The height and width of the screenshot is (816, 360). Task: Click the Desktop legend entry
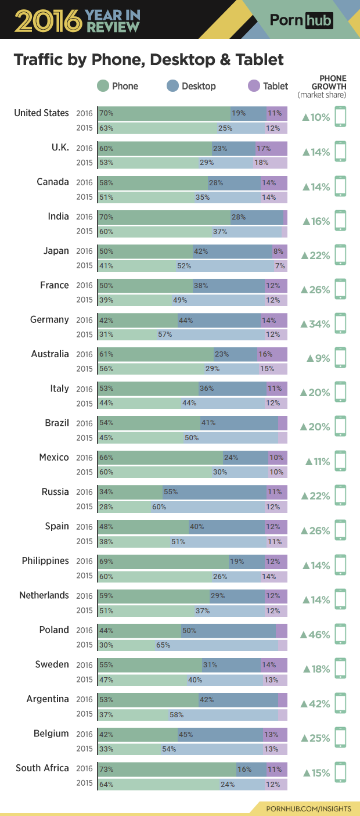(x=191, y=86)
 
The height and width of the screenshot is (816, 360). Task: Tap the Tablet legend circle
(x=254, y=86)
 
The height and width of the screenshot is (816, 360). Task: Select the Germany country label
(x=49, y=319)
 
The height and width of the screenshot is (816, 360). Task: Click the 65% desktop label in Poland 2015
(x=163, y=645)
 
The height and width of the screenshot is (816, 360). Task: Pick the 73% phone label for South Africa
(x=106, y=770)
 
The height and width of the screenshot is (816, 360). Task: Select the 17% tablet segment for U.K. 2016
(x=271, y=148)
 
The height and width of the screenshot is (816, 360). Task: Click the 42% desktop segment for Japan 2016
(x=232, y=251)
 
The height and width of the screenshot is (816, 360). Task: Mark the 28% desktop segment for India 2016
(x=257, y=217)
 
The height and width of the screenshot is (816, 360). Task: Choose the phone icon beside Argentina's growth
(x=340, y=703)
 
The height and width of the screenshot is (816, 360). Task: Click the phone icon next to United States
(x=340, y=117)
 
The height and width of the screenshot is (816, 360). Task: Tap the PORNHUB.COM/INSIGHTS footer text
(x=308, y=808)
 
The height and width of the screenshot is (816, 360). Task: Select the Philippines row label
(x=45, y=560)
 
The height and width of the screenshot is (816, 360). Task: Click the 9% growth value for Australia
(x=319, y=358)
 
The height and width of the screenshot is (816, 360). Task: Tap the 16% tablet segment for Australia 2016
(x=272, y=354)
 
